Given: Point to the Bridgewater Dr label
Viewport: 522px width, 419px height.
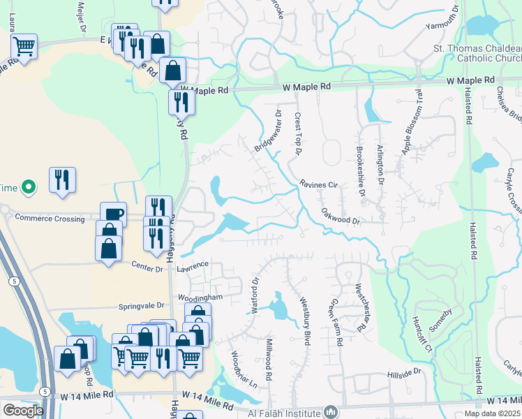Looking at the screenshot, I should click(x=267, y=130).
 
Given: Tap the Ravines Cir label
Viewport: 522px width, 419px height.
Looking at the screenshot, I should click(x=318, y=185).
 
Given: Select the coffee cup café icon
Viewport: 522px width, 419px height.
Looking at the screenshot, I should click(x=113, y=214).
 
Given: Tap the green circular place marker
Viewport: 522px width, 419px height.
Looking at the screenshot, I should click(x=28, y=187).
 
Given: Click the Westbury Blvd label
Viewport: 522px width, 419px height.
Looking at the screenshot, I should click(x=304, y=318).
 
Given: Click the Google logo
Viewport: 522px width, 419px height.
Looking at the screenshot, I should click(x=22, y=411).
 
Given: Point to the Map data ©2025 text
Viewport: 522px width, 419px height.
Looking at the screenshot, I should click(x=491, y=413).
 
